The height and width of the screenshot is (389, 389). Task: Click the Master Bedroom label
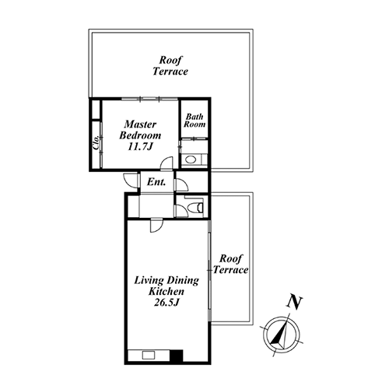coord(140,130)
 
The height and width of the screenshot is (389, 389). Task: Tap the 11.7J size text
coord(139,147)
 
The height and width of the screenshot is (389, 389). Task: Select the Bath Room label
coord(194,121)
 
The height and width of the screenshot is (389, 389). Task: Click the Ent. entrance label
coord(156,182)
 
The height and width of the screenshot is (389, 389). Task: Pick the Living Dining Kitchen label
coord(166,286)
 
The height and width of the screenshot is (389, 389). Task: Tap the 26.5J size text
coord(166,303)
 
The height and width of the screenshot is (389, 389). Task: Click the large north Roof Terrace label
coord(170,65)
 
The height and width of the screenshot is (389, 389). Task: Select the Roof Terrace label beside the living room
coord(230,264)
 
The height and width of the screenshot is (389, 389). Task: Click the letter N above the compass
coord(294,302)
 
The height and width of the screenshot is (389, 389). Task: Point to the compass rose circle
coord(281,335)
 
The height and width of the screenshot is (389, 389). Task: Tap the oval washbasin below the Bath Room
coord(191,159)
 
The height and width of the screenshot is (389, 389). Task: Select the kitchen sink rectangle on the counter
coord(149,355)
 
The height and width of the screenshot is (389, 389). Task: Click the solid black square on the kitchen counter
coord(177,356)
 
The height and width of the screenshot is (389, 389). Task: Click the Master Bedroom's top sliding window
coord(149,99)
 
